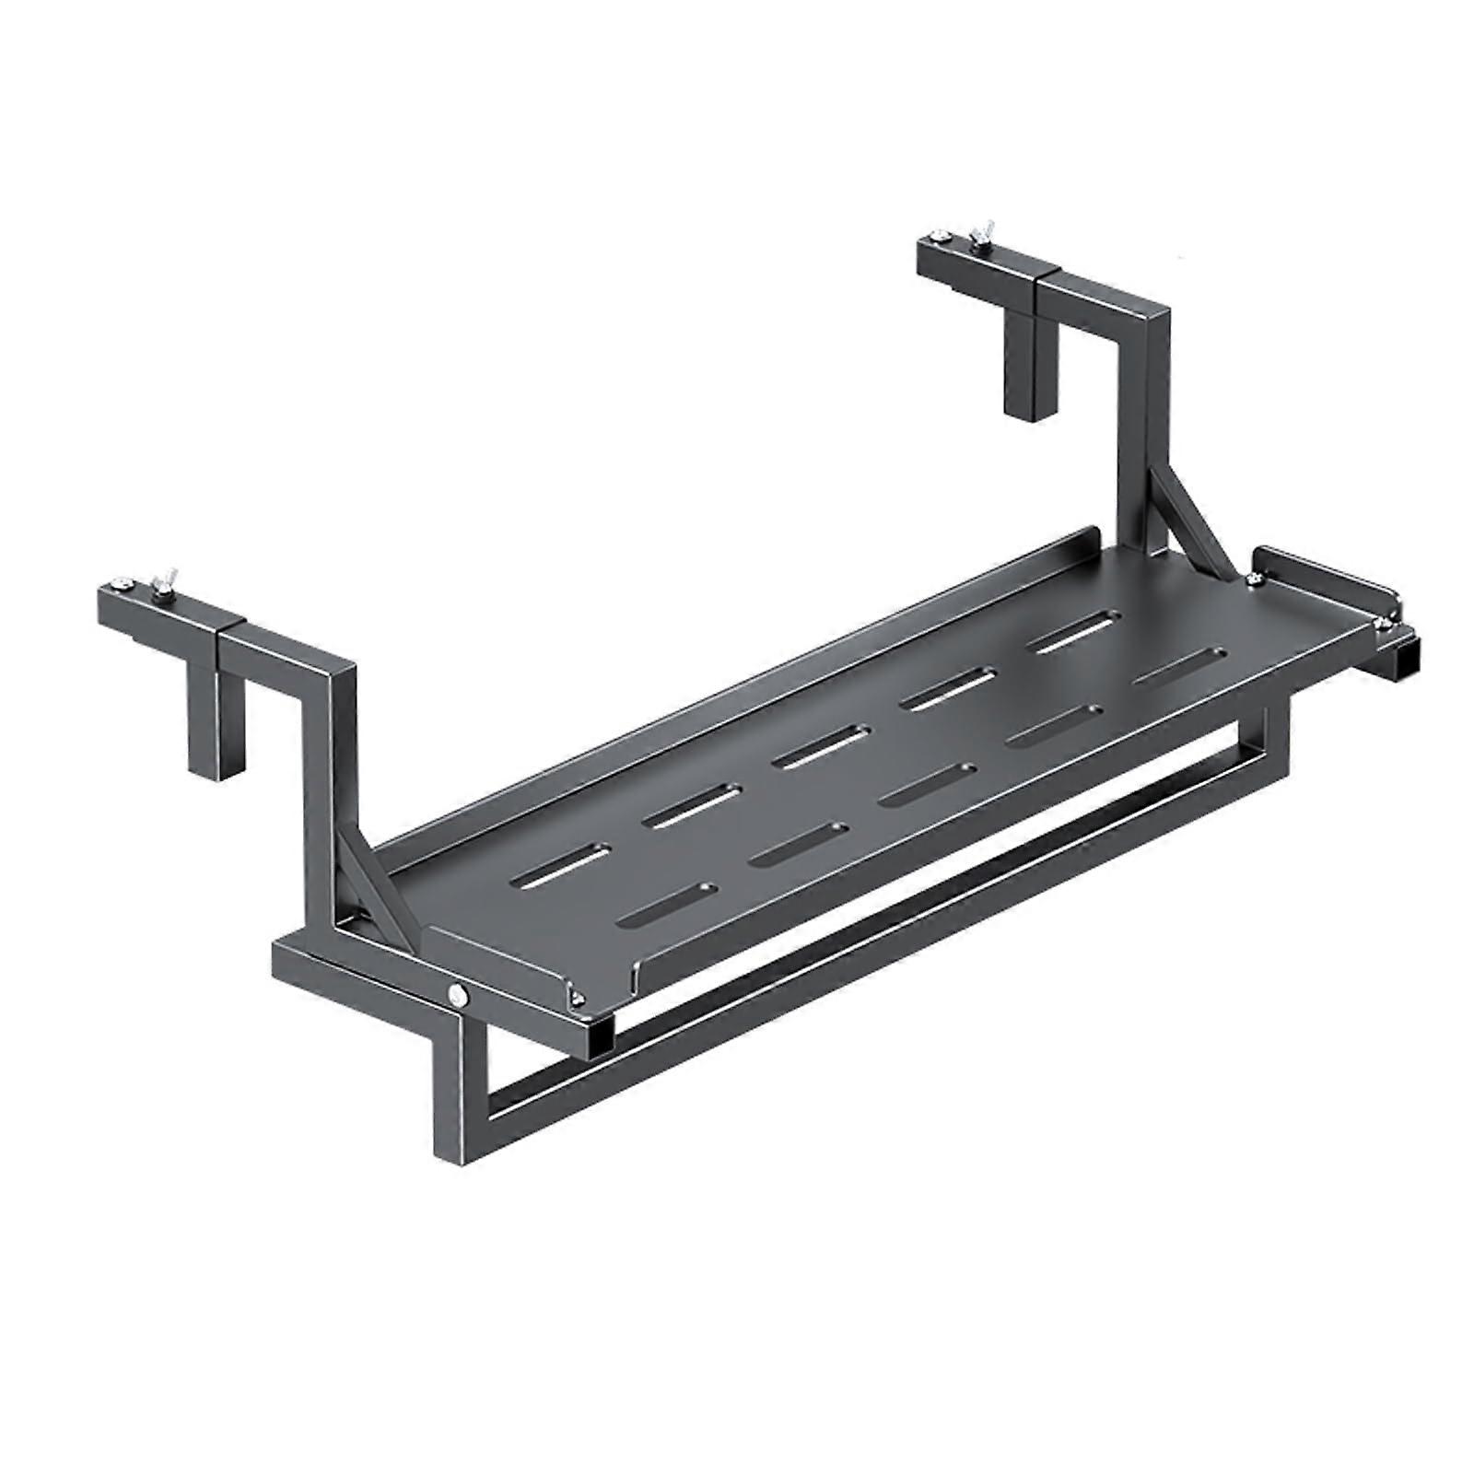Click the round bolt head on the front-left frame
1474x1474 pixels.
tap(455, 993)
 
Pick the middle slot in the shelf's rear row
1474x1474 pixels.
tap(819, 746)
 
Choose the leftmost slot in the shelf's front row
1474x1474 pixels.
tap(669, 904)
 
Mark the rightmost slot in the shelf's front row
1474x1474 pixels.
tap(1180, 666)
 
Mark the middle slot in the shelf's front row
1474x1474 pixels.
tap(926, 784)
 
